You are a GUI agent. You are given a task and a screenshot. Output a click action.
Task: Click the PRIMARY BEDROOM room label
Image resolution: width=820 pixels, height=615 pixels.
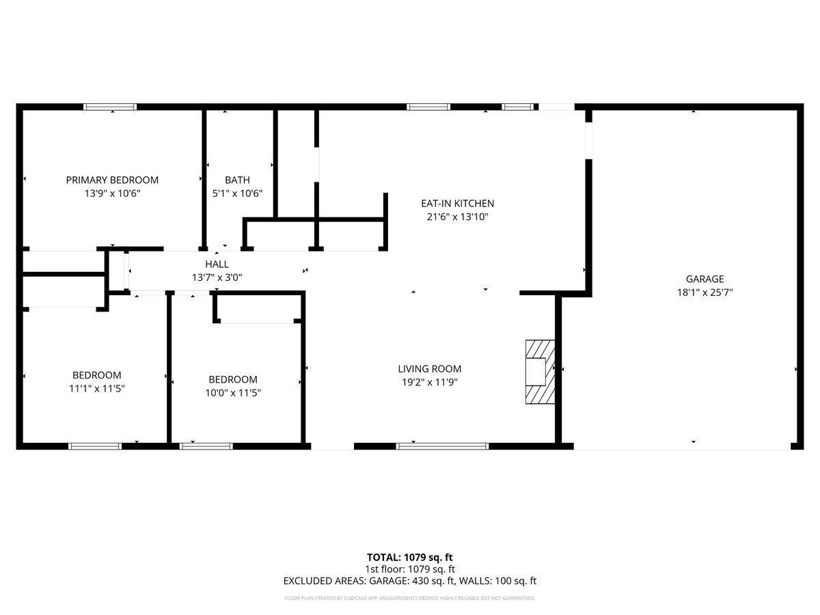click(112, 180)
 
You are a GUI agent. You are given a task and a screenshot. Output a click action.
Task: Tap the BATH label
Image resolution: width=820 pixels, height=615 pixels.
click(237, 180)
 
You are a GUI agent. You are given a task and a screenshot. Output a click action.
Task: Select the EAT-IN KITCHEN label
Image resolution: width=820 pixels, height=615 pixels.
click(457, 203)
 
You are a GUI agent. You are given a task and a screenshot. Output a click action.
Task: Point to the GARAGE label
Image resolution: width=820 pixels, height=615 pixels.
click(705, 279)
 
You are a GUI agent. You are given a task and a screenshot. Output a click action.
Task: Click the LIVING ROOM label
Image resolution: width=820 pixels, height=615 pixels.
click(429, 369)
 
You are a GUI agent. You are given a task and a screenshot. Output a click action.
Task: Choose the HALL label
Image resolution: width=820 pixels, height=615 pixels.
click(217, 264)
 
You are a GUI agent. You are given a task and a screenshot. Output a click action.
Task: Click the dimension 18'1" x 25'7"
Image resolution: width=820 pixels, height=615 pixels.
click(705, 292)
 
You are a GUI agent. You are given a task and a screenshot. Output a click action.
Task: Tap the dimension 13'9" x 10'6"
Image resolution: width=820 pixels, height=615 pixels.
click(112, 193)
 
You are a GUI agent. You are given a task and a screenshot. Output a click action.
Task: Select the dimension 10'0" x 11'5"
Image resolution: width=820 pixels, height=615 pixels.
click(233, 393)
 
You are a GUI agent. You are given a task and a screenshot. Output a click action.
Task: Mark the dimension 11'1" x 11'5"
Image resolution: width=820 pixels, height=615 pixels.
click(97, 388)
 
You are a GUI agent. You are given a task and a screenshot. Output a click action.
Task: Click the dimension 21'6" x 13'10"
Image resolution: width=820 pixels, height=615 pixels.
click(457, 217)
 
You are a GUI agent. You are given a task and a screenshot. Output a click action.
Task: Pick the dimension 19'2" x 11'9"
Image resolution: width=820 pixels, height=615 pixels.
click(429, 382)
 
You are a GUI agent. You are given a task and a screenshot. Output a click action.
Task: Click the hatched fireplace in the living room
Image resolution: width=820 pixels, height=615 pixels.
click(539, 372)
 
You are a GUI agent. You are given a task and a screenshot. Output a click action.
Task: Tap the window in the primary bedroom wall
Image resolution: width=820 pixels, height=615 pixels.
click(110, 107)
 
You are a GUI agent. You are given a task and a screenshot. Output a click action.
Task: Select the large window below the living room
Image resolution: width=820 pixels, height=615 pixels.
click(443, 446)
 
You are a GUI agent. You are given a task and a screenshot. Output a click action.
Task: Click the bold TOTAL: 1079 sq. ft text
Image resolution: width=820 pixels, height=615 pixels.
click(410, 557)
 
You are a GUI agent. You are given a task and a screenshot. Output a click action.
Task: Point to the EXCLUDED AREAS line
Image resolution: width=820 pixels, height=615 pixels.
click(410, 581)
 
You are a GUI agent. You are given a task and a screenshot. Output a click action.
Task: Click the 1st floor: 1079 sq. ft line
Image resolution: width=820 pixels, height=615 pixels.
click(410, 569)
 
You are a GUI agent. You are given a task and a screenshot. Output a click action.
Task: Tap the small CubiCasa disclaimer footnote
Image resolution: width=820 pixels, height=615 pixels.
click(410, 598)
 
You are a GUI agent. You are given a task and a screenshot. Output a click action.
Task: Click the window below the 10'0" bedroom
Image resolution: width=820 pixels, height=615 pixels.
click(206, 446)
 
